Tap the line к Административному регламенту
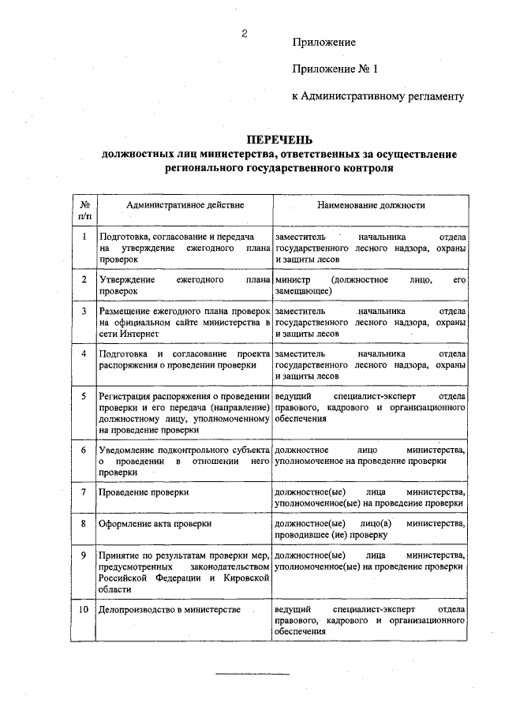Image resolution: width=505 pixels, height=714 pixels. pos(377,96)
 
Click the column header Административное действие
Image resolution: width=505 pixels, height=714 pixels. pos(185,205)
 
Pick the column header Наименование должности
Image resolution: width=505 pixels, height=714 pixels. pos(371,205)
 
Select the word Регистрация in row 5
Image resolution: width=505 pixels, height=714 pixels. pos(125,395)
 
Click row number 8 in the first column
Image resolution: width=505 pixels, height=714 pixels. pos(84,523)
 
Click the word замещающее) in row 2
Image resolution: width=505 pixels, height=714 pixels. pos(304,291)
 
